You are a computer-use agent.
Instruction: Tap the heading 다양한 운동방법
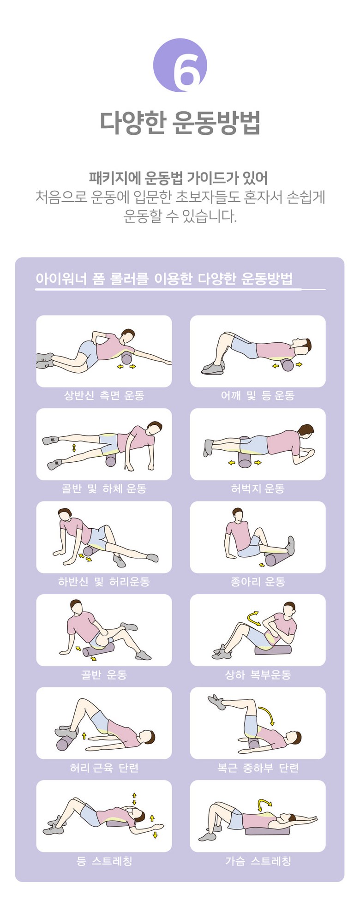180,123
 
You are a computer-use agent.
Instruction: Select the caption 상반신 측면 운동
104,395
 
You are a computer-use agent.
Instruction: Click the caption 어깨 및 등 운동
258,395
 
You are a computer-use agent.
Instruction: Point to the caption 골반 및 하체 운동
104,489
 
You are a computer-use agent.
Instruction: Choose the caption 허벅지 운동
258,489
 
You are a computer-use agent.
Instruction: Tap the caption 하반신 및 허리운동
104,582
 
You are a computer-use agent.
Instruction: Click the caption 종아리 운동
258,582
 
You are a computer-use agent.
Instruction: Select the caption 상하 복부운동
258,675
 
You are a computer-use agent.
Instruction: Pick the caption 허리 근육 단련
104,768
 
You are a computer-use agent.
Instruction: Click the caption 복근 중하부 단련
258,768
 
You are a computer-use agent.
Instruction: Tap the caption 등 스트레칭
104,861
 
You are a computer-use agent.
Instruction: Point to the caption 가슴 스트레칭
258,861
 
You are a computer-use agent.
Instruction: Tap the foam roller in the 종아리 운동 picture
276,559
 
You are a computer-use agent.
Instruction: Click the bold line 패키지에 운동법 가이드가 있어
178,178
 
